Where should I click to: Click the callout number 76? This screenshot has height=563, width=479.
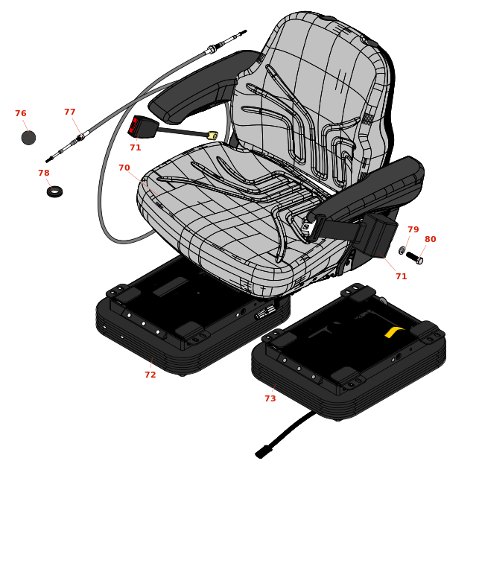click(x=21, y=113)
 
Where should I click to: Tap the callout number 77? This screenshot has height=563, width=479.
click(x=70, y=112)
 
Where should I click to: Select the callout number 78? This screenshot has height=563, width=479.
click(x=44, y=173)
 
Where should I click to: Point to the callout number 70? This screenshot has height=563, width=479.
click(x=124, y=168)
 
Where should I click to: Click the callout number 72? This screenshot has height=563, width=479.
click(x=150, y=375)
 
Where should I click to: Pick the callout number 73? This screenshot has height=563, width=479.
click(x=270, y=398)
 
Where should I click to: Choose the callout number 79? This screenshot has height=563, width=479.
click(x=413, y=229)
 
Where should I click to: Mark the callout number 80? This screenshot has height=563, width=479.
click(x=431, y=239)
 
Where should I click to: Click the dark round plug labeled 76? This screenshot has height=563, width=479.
click(x=28, y=138)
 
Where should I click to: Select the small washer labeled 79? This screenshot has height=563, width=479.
click(x=402, y=250)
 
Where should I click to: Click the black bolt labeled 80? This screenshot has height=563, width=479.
click(x=414, y=258)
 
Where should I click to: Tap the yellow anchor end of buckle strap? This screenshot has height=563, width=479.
click(x=212, y=135)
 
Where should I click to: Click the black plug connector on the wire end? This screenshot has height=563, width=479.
click(x=263, y=452)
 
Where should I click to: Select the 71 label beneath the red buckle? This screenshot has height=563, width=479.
click(x=136, y=148)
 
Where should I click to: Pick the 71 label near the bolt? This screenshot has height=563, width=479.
click(x=402, y=276)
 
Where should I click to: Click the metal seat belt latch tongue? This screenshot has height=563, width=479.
click(x=307, y=226)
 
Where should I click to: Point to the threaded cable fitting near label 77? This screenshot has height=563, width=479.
click(x=80, y=137)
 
